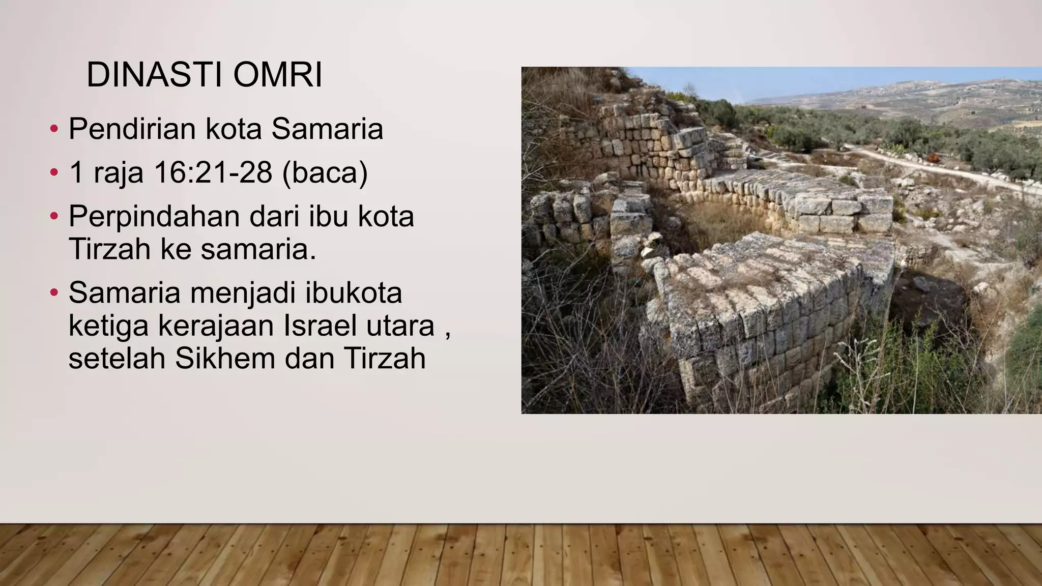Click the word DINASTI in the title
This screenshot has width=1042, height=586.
click(x=154, y=75)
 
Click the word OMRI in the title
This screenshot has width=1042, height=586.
click(x=278, y=75)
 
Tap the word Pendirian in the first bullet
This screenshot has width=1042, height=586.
click(x=132, y=129)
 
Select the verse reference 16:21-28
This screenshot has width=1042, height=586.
click(x=213, y=172)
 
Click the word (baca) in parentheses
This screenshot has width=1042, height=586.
click(x=325, y=172)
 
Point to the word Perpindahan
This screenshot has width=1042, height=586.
click(x=154, y=217)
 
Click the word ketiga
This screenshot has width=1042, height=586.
click(x=108, y=326)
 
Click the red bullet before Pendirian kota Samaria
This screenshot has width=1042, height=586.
click(x=54, y=129)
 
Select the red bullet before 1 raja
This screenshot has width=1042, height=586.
click(x=54, y=172)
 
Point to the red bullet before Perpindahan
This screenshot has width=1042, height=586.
click(x=54, y=217)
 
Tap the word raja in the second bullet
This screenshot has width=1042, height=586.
click(x=119, y=173)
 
